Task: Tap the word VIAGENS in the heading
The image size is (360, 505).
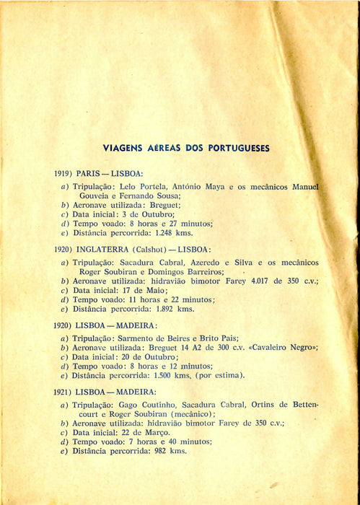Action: pos(122,148)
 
